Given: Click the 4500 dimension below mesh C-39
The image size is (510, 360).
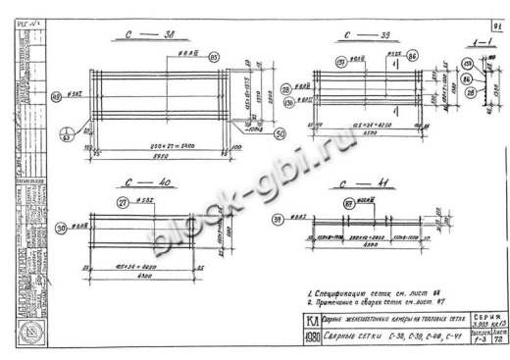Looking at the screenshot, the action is pos(365,135).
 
